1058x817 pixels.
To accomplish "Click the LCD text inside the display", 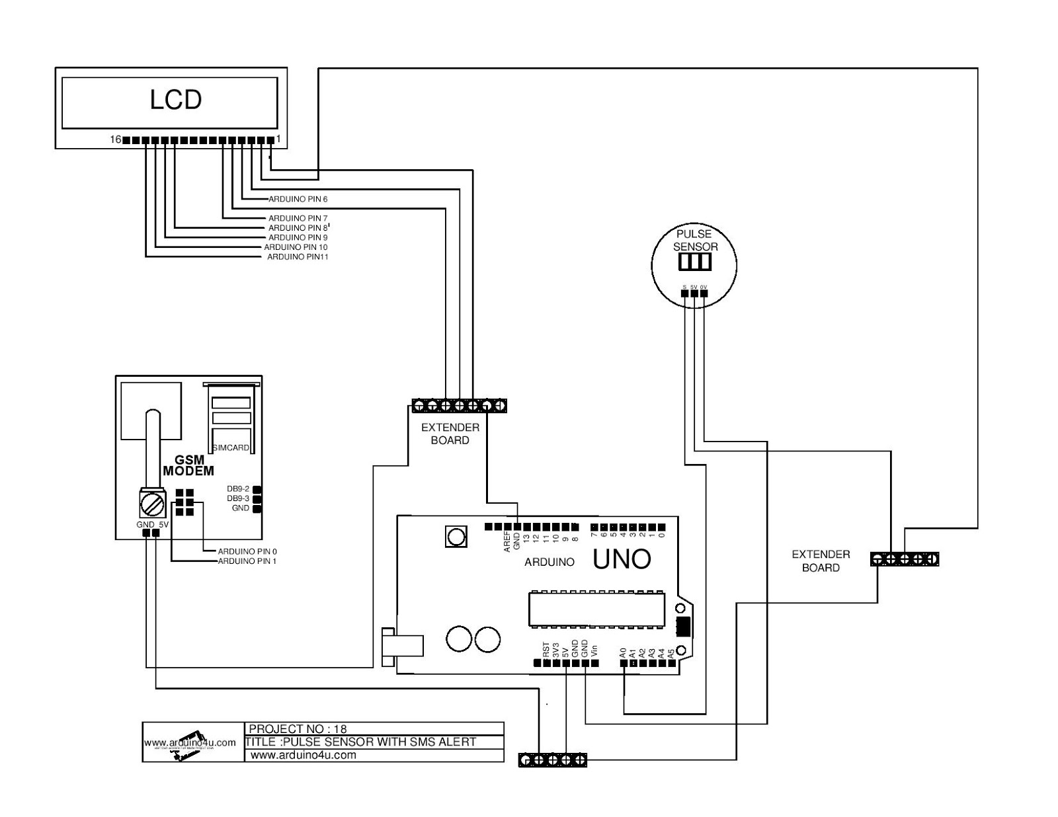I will click(175, 100).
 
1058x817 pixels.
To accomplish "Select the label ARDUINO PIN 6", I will click(298, 199).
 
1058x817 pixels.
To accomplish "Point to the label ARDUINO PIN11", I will click(298, 256).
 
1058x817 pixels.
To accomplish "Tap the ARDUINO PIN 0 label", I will click(247, 551).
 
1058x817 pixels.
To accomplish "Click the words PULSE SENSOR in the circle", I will click(695, 240).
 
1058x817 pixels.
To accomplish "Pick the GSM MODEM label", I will click(188, 465).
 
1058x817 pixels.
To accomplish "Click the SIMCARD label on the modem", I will click(231, 447).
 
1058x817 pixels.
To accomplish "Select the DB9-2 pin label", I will click(238, 488).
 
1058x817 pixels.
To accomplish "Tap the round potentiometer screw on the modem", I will click(152, 506).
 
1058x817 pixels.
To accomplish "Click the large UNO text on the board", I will click(622, 560).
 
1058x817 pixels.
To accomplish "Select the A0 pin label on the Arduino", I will click(623, 652).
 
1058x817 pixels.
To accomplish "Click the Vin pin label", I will click(594, 650).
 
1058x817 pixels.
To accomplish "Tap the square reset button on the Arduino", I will click(456, 537).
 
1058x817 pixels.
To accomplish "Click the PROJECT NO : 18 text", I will click(307, 729).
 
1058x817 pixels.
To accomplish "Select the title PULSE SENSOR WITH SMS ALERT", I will click(361, 742).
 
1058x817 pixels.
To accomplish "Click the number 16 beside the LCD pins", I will click(116, 139).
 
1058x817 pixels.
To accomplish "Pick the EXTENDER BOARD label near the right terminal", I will click(821, 561).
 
